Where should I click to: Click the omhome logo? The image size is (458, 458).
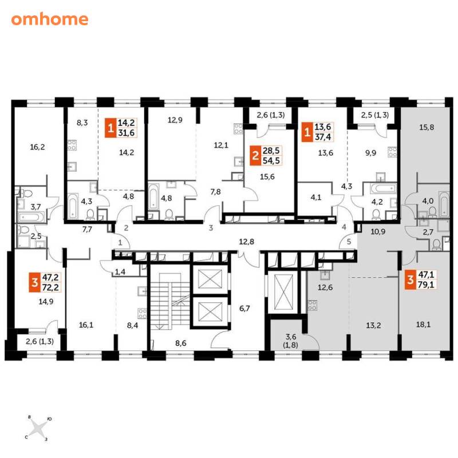[50, 19]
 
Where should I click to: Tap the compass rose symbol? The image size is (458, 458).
[38, 428]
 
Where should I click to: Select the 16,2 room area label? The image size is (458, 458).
[37, 147]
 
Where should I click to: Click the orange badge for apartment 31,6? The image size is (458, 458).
[110, 128]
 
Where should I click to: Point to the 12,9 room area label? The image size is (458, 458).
[175, 120]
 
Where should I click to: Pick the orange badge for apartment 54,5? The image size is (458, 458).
[255, 156]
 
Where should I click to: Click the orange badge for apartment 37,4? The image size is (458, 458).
[307, 132]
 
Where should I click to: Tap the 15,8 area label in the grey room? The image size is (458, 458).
[427, 127]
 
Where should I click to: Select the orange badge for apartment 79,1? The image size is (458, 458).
[410, 279]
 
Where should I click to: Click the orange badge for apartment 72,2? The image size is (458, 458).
[35, 282]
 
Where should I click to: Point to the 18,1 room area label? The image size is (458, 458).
[423, 325]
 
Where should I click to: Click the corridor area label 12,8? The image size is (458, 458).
[247, 242]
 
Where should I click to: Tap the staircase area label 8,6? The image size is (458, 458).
[181, 343]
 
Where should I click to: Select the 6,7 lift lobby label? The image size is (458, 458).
[244, 309]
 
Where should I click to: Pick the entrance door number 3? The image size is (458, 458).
[211, 228]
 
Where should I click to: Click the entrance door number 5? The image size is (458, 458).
[349, 242]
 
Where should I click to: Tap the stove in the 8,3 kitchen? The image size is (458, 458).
[72, 145]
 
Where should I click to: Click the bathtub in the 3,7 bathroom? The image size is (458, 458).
[31, 218]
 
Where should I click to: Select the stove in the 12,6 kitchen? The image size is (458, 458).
[312, 305]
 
